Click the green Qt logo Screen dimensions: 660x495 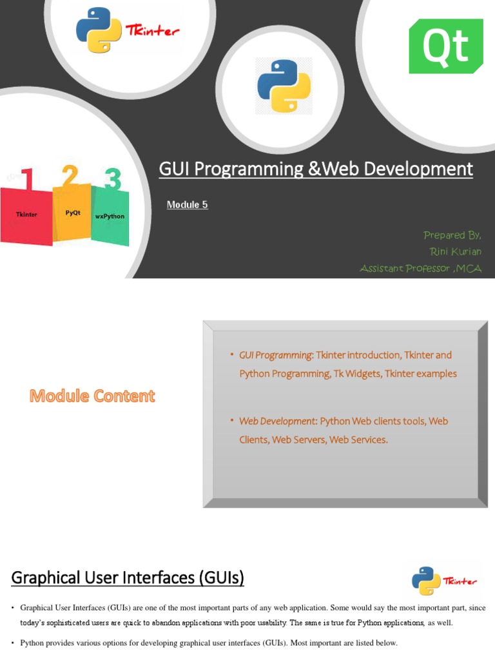pos(445,46)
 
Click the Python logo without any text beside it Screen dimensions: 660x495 pos(284,86)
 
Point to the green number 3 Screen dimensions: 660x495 pos(112,179)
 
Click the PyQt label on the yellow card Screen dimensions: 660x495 pos(73,213)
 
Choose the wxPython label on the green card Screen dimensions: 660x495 pos(110,216)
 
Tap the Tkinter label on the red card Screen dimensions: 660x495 pos(26,214)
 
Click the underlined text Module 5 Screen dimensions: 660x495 pos(187,205)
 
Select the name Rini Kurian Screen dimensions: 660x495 pos(456,251)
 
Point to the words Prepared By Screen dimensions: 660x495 pos(452,235)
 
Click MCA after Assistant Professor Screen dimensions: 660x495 pos(469,268)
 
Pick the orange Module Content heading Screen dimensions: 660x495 pos(92,396)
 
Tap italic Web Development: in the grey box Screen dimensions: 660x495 pos(278,421)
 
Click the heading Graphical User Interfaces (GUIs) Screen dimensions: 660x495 pos(128,579)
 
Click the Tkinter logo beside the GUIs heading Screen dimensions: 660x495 pos(444,581)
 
